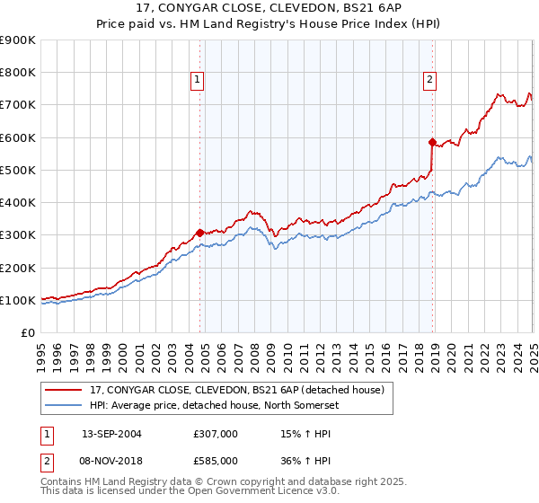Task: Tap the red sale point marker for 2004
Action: tap(199, 233)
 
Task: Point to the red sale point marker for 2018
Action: tap(432, 142)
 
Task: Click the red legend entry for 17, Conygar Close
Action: tap(236, 390)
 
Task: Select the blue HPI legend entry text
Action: tap(212, 405)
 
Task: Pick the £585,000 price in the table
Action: tap(215, 461)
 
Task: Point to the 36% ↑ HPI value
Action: tap(306, 461)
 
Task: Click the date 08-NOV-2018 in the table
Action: tap(111, 461)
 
